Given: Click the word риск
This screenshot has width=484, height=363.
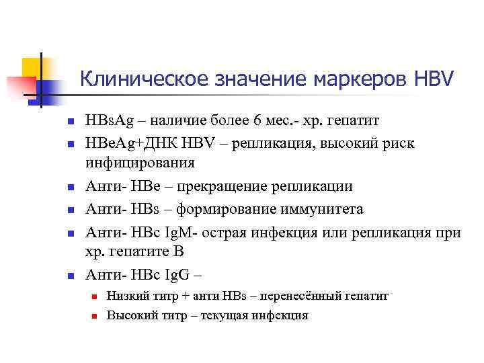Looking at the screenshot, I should (x=399, y=143).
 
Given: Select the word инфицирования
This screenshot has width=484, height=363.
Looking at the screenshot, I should (x=139, y=163).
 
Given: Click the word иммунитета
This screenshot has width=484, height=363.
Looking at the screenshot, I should (x=321, y=208).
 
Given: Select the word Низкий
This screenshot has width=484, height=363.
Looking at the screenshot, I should (x=127, y=296).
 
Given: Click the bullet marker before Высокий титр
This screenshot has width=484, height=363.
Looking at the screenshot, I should (x=95, y=315).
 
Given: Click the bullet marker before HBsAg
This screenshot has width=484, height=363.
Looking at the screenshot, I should (x=70, y=121).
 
